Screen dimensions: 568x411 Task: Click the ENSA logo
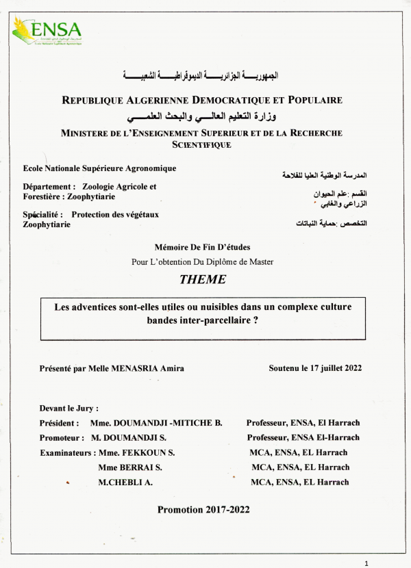(x=47, y=30)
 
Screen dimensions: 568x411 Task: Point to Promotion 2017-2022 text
(x=203, y=509)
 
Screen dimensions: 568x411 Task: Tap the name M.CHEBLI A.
(x=125, y=482)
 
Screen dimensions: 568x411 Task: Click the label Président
(x=59, y=423)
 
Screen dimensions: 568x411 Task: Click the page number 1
(x=367, y=563)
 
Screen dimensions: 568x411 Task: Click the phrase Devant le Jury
(x=68, y=408)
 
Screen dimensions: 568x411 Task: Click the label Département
(x=48, y=186)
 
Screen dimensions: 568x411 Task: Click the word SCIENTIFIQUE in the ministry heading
(x=201, y=144)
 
